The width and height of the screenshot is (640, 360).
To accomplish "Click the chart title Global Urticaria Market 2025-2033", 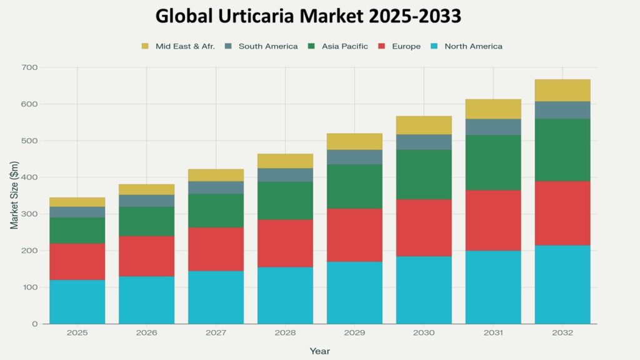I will [308, 16].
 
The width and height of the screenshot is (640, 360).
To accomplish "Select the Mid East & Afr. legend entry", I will [185, 46].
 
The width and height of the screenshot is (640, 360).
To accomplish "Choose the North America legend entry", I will [473, 46].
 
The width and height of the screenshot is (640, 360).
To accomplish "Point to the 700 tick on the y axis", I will [30, 67].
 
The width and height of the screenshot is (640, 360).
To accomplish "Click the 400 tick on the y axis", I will [30, 177].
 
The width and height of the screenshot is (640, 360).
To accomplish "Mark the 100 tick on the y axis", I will [30, 287].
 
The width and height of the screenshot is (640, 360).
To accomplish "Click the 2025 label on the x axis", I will [77, 333].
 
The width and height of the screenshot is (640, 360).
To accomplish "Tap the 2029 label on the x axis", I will [354, 333].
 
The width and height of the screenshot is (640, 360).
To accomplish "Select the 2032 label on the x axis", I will [562, 333].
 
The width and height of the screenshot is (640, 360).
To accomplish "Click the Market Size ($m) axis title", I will [14, 196].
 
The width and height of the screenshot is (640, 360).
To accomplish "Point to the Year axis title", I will [319, 351].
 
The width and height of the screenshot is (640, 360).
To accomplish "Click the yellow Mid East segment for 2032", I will [562, 90].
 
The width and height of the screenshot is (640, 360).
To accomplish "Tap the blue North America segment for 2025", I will [77, 302].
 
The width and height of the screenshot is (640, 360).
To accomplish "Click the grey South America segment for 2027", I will [216, 187].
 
